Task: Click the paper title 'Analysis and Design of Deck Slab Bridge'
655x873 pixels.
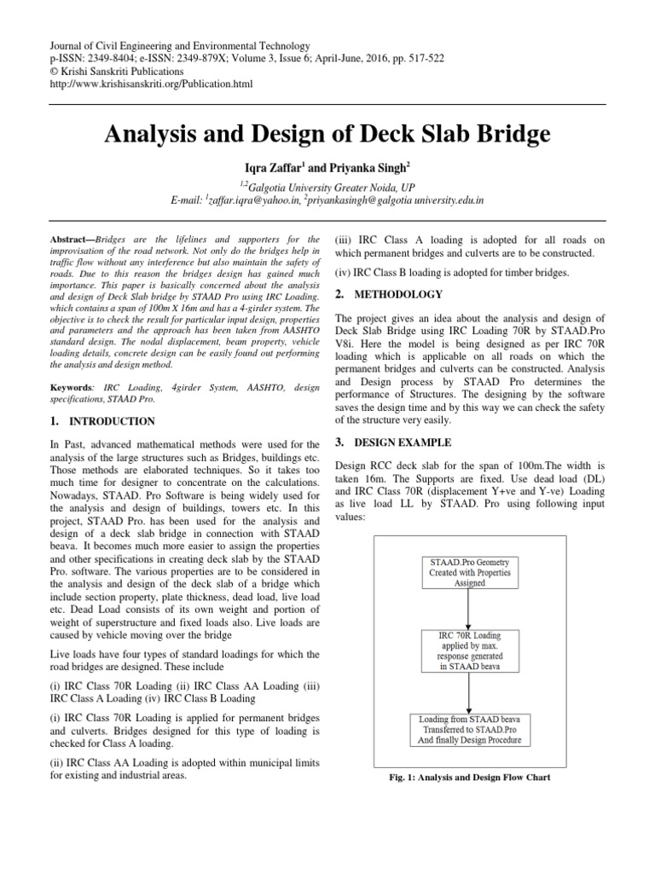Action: click(327, 135)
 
